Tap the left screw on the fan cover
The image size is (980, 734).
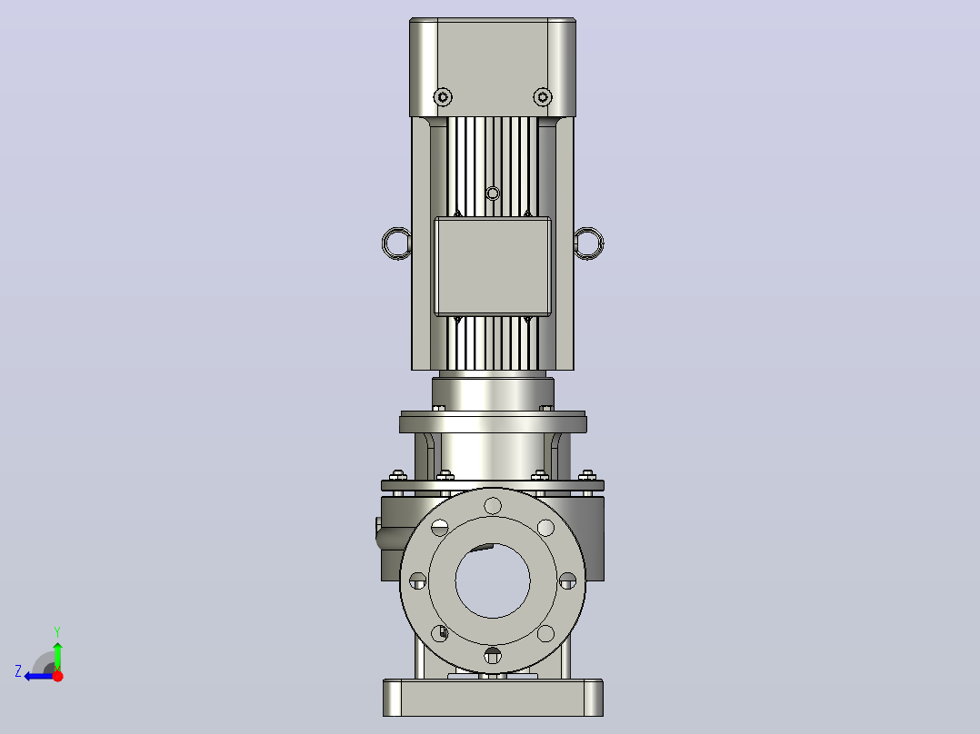tap(443, 97)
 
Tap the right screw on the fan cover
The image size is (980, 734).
tap(543, 97)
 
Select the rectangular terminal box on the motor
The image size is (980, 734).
tap(493, 266)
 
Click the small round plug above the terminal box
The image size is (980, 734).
tap(493, 193)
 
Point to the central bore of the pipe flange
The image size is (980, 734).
tap(493, 581)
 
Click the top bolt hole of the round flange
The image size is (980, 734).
tap(493, 506)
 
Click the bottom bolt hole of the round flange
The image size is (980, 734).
tap(493, 656)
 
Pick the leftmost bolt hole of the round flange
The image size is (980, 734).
tap(417, 581)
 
